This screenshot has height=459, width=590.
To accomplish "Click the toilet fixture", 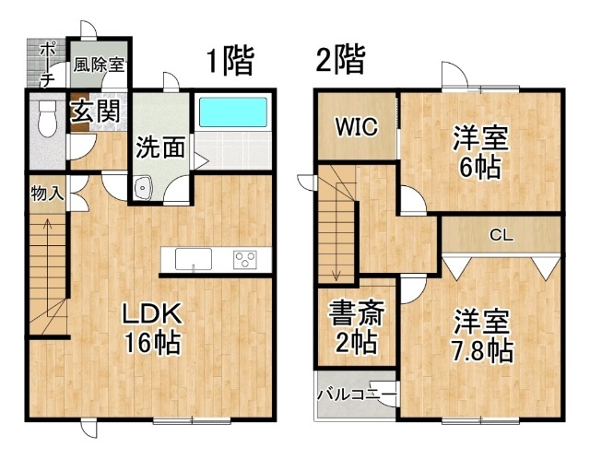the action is pos(47,118).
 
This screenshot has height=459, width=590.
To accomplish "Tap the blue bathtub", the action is pos(233,112).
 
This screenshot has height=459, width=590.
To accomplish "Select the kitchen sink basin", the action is pos(194,259).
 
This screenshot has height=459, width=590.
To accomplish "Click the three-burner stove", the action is pos(244,260).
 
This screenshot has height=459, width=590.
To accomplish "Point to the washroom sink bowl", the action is pos(143,187).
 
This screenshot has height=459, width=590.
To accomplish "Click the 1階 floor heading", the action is pos(230,60).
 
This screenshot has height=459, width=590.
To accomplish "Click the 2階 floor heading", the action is pos(340,59).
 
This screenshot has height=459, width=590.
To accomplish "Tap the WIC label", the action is pos(356,127).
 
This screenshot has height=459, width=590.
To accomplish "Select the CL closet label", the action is pos(501,236).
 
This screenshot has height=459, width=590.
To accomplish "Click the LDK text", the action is pos(152,313).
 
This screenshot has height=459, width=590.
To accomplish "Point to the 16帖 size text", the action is pos(151,343).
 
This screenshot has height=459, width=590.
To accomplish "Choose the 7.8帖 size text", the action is pos(483,350).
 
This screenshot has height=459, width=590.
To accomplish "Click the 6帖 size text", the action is pos(480,167).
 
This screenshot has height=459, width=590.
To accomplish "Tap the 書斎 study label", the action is pos(357,313).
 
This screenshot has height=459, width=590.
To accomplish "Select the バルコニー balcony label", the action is pos(357,394).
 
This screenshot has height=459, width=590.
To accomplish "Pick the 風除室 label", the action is pos(99,65).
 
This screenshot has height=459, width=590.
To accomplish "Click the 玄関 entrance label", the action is pos(96,111).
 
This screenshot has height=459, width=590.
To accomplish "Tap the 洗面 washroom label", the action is pos(160,147).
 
